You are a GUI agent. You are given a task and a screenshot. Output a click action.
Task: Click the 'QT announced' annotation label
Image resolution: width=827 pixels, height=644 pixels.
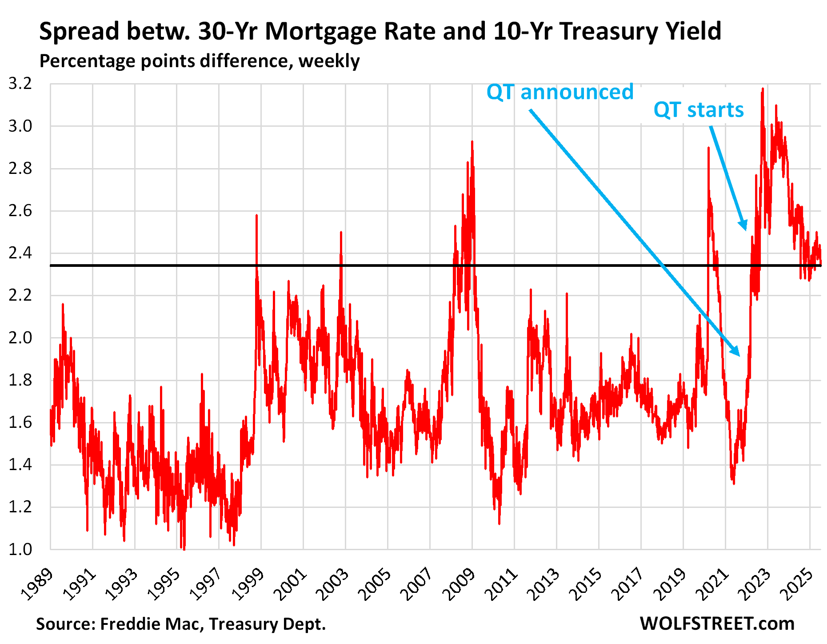560,93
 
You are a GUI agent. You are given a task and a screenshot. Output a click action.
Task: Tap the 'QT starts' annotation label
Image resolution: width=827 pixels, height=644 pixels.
699,110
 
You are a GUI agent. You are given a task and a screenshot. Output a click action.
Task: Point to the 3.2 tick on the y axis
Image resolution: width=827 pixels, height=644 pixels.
20,84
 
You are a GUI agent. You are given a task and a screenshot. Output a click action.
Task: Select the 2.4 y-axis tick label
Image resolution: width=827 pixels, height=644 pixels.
20,253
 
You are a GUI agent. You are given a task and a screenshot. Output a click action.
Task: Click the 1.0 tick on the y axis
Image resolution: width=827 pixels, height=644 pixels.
20,549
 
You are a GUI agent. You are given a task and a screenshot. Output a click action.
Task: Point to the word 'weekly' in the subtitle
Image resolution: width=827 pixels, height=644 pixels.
329,61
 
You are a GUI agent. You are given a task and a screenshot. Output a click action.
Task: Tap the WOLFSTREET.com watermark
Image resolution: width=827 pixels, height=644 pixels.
717,624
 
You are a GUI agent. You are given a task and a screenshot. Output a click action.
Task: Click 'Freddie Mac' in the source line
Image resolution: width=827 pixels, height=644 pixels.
149,624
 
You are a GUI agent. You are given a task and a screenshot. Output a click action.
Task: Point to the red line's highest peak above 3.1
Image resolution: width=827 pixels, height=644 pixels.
763,89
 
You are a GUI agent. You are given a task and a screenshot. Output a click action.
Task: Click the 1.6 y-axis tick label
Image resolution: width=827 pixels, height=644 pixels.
20,422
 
